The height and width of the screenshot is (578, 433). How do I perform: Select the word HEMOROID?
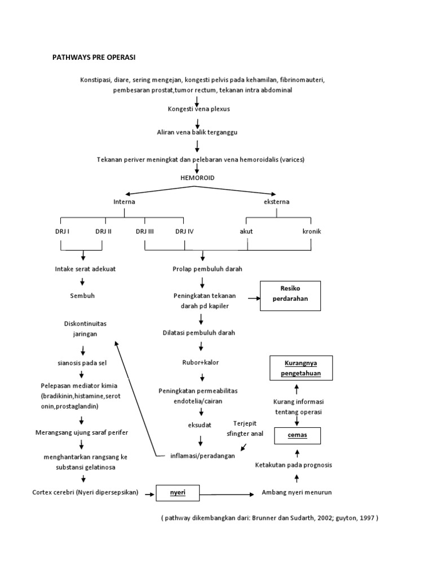point(197,177)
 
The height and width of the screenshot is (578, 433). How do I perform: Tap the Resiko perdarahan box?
point(290,296)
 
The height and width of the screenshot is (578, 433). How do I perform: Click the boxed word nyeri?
point(178,493)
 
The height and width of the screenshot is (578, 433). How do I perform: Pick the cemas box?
point(297,436)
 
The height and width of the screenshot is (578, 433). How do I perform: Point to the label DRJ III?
point(145,231)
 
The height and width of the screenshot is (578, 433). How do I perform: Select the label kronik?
point(311,231)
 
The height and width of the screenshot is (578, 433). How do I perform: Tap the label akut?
point(246,231)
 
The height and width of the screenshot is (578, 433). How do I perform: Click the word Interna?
point(124,202)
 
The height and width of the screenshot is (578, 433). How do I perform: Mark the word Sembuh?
point(82,295)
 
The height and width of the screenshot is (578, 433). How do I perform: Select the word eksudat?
point(200,425)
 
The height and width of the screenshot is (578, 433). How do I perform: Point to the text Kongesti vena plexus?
point(198,109)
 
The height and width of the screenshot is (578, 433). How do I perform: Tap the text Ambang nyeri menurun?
point(297,492)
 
